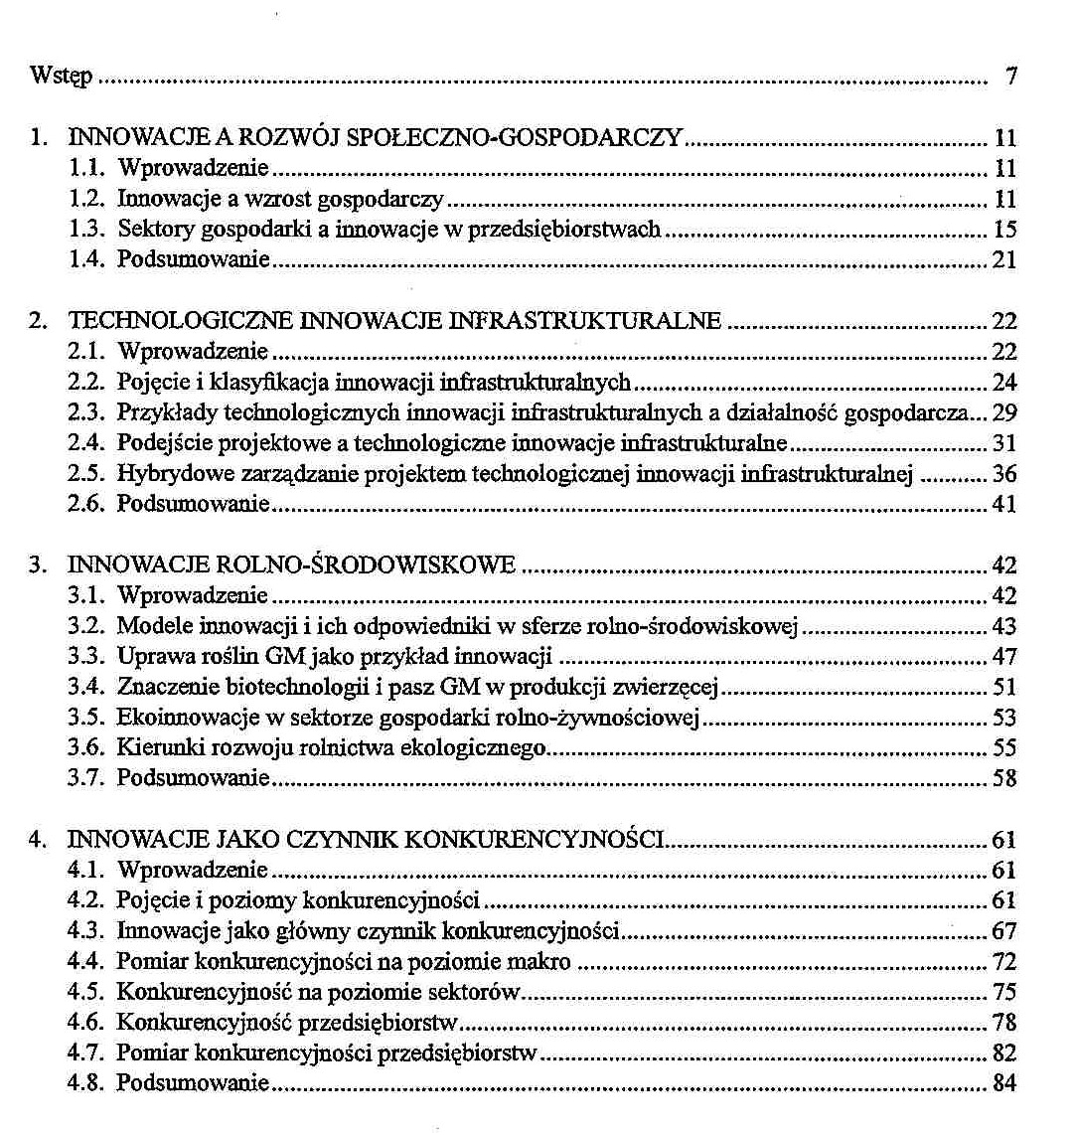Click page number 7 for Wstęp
(1010, 77)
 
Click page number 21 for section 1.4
(1004, 260)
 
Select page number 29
(1004, 412)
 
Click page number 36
(1004, 473)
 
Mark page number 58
(1004, 778)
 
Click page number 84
(1004, 1082)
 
